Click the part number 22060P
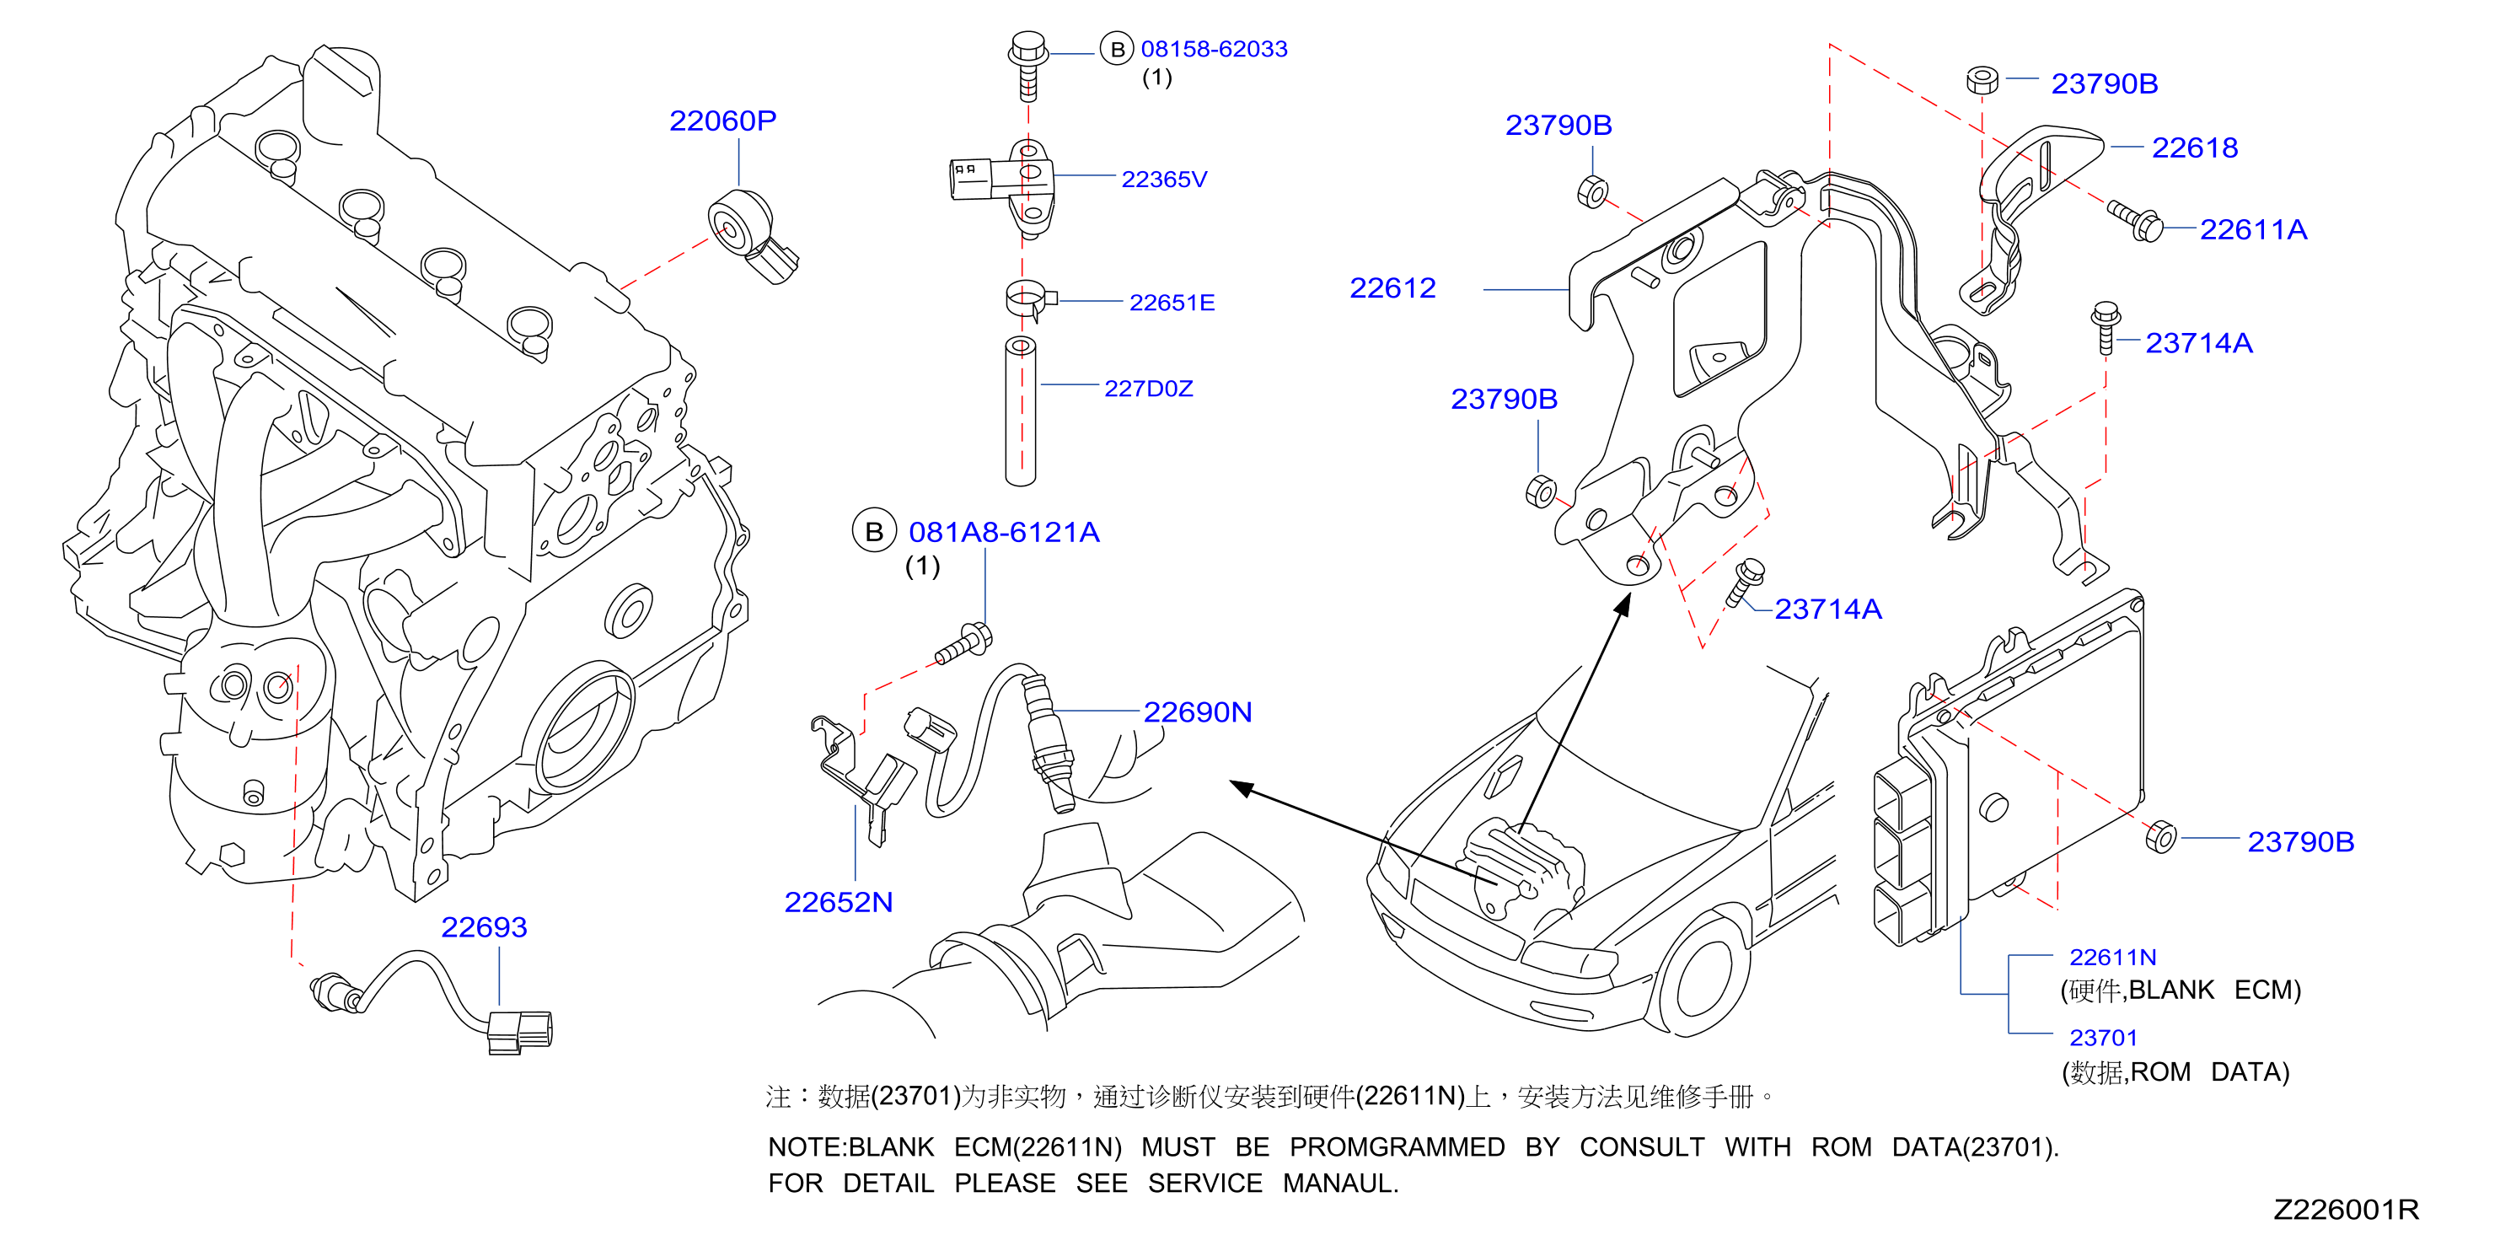(x=722, y=121)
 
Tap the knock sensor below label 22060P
(x=751, y=235)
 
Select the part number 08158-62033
(x=1214, y=49)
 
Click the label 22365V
(x=1164, y=180)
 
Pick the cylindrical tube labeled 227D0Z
(x=1021, y=411)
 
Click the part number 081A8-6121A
(x=1004, y=532)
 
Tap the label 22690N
(x=1198, y=712)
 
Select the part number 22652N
(x=838, y=902)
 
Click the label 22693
(x=484, y=926)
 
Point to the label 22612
(x=1392, y=288)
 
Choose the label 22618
(x=2195, y=148)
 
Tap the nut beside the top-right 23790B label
(x=1982, y=81)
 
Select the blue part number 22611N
(x=2112, y=957)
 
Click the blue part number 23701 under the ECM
(x=2103, y=1037)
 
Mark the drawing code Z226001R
(x=2346, y=1210)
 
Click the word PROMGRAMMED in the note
(x=1397, y=1147)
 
